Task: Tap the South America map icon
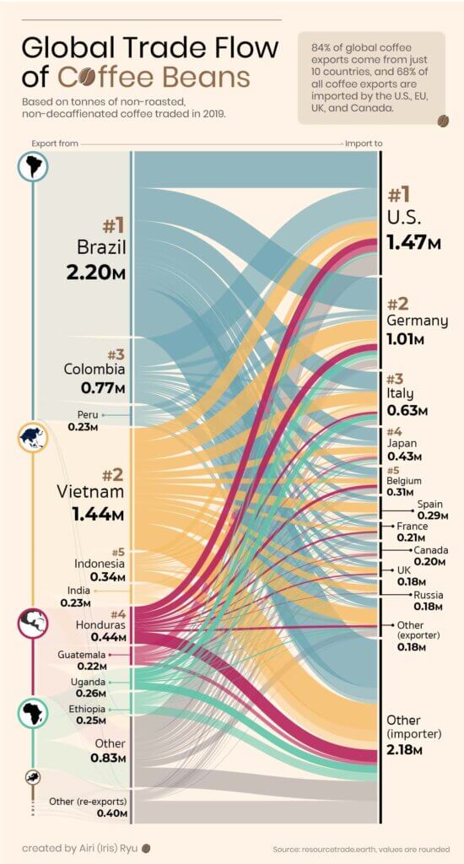(33, 166)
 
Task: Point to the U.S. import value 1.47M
(413, 243)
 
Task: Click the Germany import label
(417, 321)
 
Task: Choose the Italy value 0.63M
(407, 411)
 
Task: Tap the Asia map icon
(33, 437)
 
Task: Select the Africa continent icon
(33, 713)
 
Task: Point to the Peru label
(87, 415)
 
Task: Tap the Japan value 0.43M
(405, 456)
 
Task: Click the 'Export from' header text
(55, 143)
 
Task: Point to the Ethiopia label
(88, 709)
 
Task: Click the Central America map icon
(33, 624)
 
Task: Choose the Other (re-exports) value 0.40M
(110, 813)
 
